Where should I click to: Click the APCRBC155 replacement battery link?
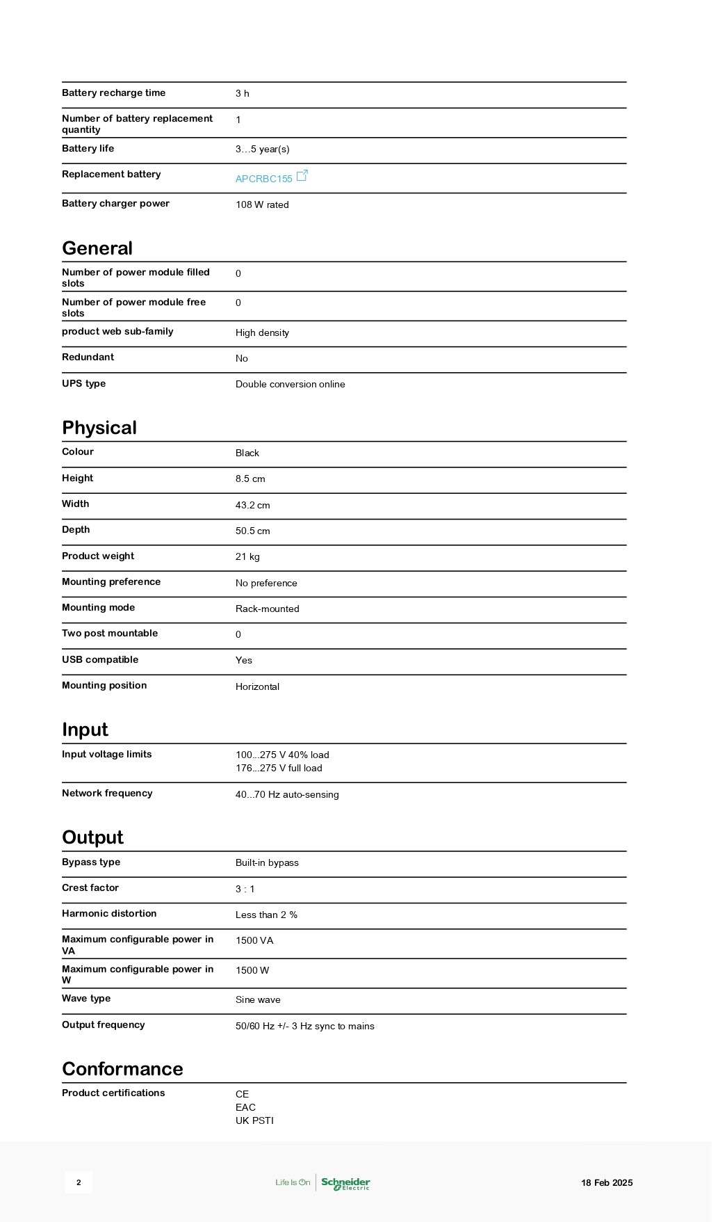(x=263, y=179)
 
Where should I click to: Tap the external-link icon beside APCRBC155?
(x=302, y=176)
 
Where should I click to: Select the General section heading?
(x=97, y=248)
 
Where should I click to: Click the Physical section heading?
(x=99, y=428)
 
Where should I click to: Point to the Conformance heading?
(x=122, y=1069)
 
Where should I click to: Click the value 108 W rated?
(x=262, y=204)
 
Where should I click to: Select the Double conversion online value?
(x=290, y=384)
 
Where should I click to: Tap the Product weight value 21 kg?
(x=247, y=556)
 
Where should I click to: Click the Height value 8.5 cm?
(x=250, y=479)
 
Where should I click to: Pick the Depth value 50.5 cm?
(x=252, y=531)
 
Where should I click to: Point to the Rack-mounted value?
(x=267, y=609)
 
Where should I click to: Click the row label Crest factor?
(x=90, y=887)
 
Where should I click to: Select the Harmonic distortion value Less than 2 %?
(x=266, y=915)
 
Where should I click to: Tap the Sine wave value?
(x=258, y=999)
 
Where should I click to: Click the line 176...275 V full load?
(x=279, y=768)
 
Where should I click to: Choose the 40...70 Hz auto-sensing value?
(x=287, y=794)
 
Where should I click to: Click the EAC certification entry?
(x=245, y=1107)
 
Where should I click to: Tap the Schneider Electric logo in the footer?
(x=345, y=1183)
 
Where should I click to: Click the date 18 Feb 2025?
(x=607, y=1182)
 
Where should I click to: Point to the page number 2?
(x=79, y=1182)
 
